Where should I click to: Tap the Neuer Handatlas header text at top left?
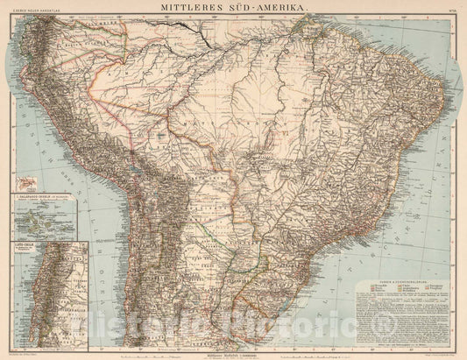31,11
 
